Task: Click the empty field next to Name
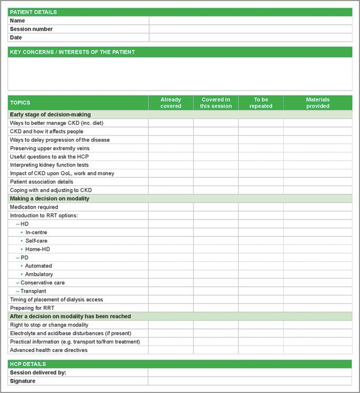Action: coord(250,21)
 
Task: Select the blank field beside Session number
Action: coord(250,29)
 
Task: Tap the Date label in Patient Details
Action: coord(16,38)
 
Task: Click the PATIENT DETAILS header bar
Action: coord(180,12)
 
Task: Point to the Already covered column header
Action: coord(170,103)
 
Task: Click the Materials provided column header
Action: coord(317,103)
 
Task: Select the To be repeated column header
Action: coord(261,103)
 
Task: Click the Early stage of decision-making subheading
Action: coord(50,114)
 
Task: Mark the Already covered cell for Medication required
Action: coord(170,207)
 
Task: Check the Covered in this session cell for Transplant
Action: coord(216,291)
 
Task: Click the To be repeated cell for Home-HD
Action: coord(261,249)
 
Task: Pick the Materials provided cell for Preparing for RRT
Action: coord(317,308)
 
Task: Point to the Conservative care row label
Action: coord(42,283)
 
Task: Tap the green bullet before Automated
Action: coord(21,266)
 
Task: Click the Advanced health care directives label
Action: coord(49,350)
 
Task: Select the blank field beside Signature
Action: coord(250,381)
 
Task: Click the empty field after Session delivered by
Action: coord(250,373)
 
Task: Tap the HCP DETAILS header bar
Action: coord(180,364)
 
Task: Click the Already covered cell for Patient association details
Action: coord(170,181)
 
